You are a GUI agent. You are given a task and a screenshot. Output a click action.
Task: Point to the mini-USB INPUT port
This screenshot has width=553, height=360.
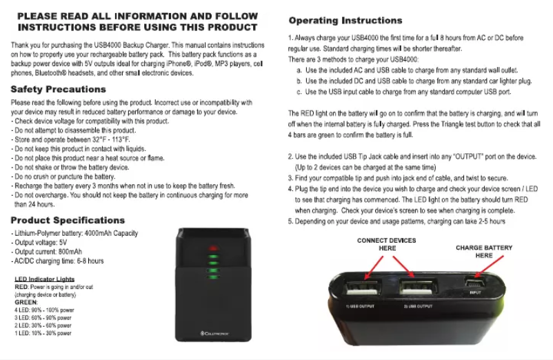tap(475, 282)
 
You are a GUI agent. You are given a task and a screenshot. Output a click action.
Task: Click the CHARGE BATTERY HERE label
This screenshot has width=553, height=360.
tap(484, 251)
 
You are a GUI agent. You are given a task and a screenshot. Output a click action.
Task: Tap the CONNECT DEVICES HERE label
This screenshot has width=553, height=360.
tap(387, 244)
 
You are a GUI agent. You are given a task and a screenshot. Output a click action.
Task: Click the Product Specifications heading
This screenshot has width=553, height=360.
tap(68, 221)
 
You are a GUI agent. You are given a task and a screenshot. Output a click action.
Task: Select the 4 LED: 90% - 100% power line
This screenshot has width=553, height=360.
tap(43, 310)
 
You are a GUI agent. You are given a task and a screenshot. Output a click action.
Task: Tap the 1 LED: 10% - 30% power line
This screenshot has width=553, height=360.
tap(43, 333)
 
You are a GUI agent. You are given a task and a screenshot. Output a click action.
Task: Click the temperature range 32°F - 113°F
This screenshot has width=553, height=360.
tap(110, 139)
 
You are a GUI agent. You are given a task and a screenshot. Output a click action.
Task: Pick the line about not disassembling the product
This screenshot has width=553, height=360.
tap(74, 130)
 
